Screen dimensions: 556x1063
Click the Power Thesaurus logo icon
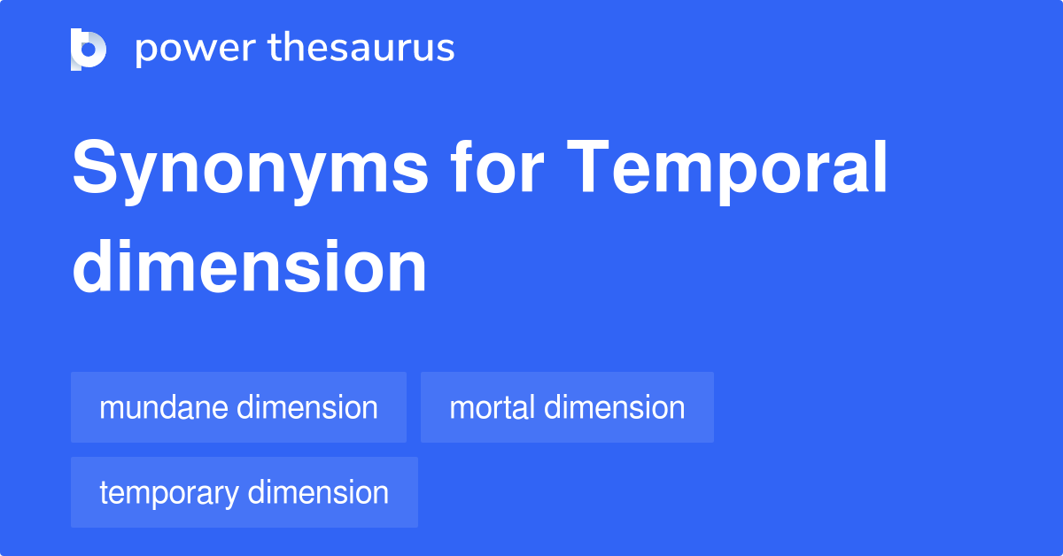[89, 49]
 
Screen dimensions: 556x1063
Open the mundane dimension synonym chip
[238, 407]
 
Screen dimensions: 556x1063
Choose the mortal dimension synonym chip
[567, 407]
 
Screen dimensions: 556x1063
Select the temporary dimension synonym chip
[244, 492]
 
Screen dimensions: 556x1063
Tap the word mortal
[492, 407]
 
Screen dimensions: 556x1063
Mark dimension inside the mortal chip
[614, 407]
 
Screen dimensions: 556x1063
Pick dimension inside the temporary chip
[318, 492]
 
